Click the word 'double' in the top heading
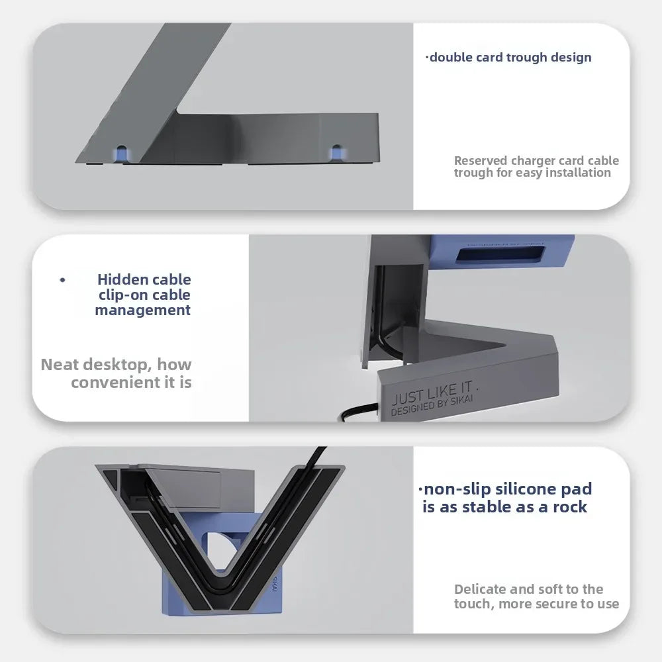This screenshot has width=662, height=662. [451, 58]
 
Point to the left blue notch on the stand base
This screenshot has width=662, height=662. [122, 154]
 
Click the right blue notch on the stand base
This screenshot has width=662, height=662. [336, 152]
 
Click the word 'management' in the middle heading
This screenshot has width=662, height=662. [143, 310]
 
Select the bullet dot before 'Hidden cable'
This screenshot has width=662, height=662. [62, 279]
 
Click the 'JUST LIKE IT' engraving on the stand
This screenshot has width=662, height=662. [433, 393]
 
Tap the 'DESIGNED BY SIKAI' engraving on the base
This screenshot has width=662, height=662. [432, 406]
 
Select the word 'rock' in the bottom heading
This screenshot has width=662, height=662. [570, 506]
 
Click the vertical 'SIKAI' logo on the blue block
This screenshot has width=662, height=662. [275, 583]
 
